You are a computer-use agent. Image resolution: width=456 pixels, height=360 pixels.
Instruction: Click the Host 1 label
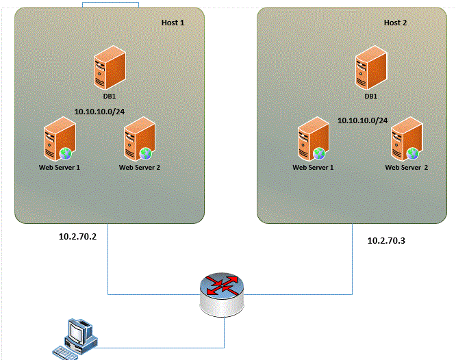tap(173, 23)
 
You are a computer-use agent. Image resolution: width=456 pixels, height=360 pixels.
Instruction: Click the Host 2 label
tap(395, 23)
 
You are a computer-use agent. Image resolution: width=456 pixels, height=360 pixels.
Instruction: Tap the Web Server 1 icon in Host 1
tap(57, 140)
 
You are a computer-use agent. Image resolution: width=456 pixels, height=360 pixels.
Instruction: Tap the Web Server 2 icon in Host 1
tap(138, 140)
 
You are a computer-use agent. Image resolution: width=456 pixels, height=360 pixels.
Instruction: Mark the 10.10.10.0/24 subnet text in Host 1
tap(100, 111)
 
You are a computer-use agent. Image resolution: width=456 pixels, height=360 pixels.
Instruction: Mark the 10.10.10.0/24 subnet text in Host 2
tap(362, 120)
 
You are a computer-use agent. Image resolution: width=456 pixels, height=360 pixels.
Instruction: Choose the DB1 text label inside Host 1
tap(109, 96)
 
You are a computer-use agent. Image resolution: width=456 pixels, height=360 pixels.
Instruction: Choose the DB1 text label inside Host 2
tap(370, 96)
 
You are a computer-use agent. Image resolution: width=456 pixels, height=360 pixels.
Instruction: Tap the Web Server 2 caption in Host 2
tap(406, 167)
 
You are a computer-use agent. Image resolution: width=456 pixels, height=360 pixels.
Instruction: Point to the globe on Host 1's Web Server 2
tap(145, 153)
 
